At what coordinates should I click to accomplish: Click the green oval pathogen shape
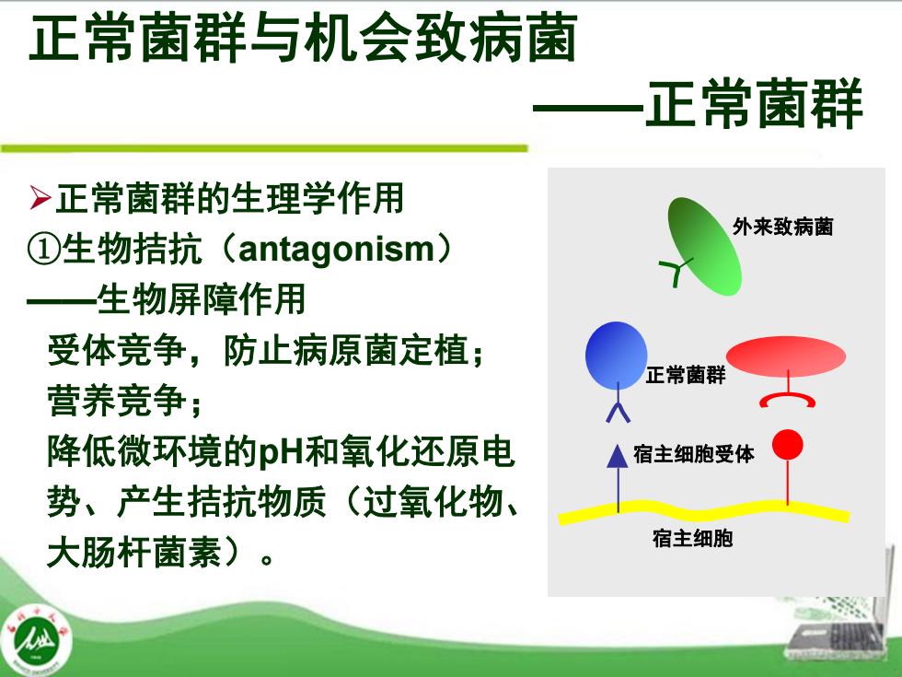coord(705,247)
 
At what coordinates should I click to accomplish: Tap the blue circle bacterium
coord(616,355)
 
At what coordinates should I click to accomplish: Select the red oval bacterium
coord(786,356)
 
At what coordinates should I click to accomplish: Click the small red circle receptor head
coord(787,444)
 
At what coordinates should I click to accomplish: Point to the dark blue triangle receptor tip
coord(618,455)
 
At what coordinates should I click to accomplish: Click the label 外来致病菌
coord(783,227)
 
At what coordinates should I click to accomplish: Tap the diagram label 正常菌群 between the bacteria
coord(686,376)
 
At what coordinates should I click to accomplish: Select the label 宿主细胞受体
coord(694,454)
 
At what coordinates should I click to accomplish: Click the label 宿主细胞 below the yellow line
coord(692,538)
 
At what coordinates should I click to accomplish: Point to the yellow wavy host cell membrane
coord(703,511)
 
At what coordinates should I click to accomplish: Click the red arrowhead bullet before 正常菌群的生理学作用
coord(40,198)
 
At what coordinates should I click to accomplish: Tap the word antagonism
coord(336,250)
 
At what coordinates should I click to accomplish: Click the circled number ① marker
coord(44,250)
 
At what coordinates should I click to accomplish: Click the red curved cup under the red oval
coord(787,400)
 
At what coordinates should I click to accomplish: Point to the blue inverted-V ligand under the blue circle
coord(618,413)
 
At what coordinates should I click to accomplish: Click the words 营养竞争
coord(117,401)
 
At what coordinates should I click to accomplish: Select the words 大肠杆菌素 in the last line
coord(134,553)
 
